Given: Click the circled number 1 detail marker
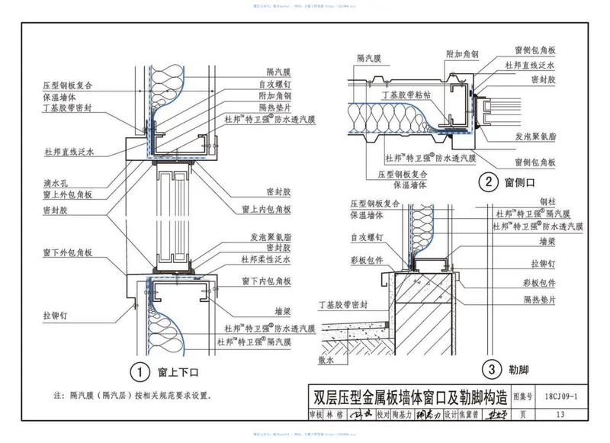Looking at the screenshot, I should [139, 373].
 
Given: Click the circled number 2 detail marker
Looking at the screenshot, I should [485, 182].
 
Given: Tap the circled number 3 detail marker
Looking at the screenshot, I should [493, 370].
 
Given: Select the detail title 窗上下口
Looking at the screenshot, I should [178, 373].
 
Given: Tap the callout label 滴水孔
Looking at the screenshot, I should [58, 183].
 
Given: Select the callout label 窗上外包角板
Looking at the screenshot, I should [68, 195].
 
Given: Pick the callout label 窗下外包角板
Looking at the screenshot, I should [68, 252].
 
